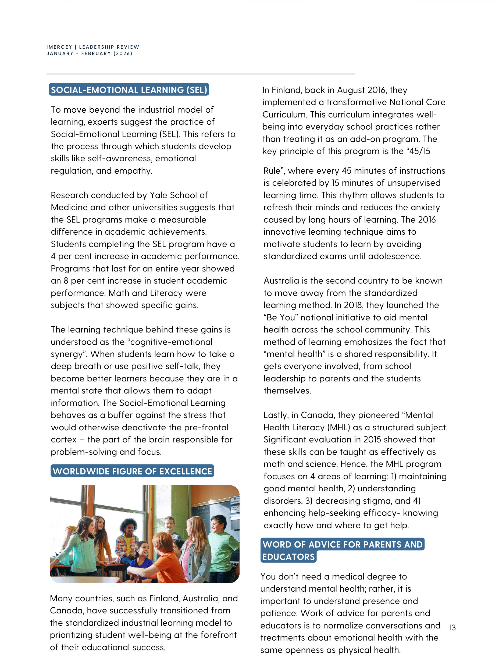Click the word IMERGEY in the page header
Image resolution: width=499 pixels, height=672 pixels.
(59, 47)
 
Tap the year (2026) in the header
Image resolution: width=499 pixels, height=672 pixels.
(123, 53)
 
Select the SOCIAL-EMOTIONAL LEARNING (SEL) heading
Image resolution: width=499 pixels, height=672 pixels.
(129, 90)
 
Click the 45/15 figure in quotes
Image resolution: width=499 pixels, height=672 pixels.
(420, 151)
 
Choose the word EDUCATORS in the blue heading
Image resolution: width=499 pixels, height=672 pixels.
(288, 557)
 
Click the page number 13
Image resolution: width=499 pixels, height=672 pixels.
(452, 628)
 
